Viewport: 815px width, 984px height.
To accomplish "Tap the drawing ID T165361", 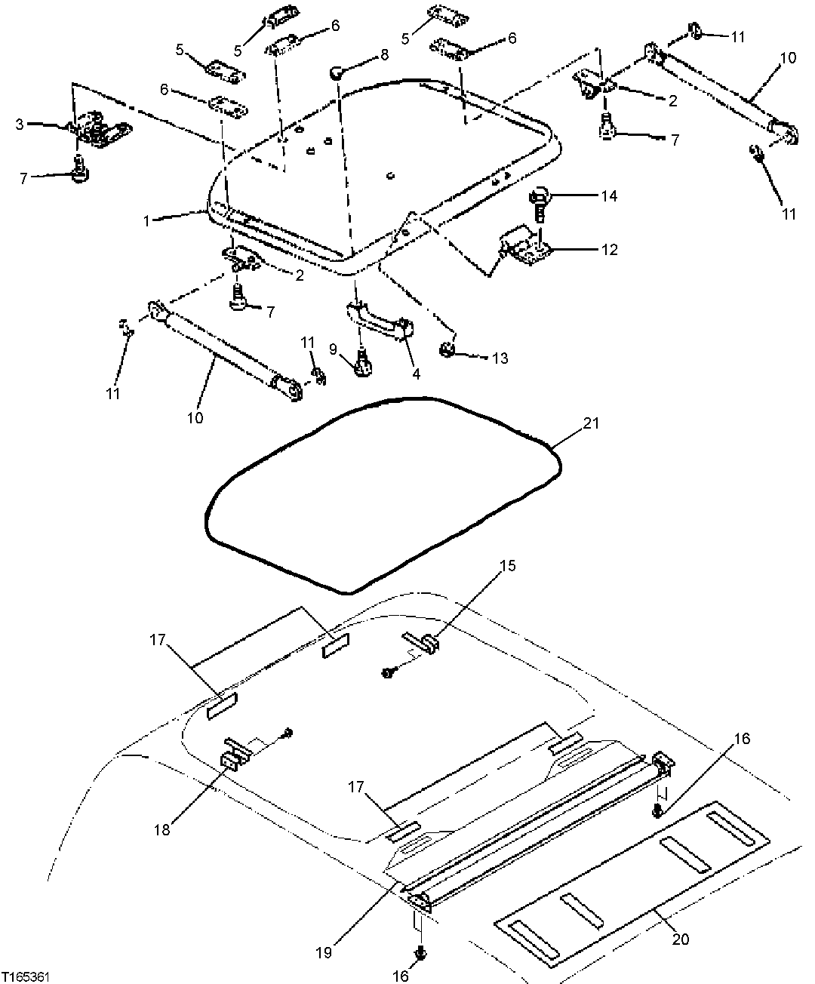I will [26, 976].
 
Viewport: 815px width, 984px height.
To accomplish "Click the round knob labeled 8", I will [337, 72].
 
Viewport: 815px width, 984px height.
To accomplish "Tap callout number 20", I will [681, 939].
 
